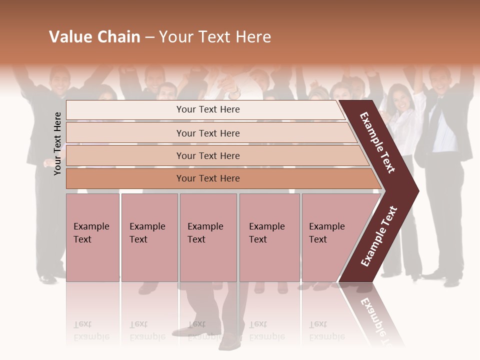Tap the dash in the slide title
click(149, 37)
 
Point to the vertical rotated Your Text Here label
click(57, 143)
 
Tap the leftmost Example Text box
click(92, 237)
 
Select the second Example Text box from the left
click(149, 237)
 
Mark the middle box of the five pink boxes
click(208, 237)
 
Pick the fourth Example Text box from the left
click(269, 237)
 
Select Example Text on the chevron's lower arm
click(379, 236)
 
